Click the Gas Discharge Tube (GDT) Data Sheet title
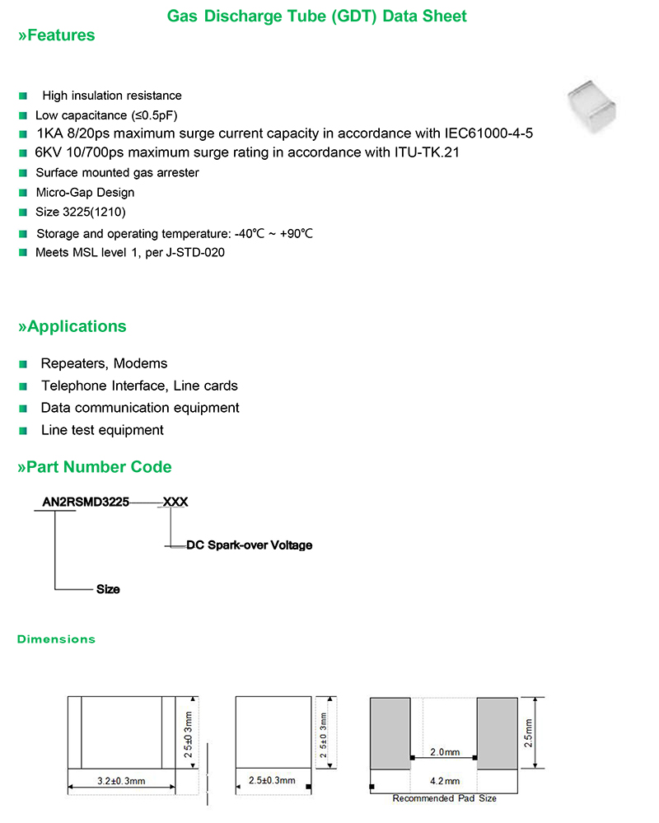coord(316,16)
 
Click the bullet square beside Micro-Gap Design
coord(23,193)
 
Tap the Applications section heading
coord(72,326)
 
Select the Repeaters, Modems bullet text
coord(104,364)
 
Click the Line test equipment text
coord(102,430)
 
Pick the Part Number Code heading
coord(95,467)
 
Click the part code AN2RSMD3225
coord(86,502)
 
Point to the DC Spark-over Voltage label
coord(250,545)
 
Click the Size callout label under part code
coord(108,589)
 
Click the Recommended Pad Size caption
coord(444,798)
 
